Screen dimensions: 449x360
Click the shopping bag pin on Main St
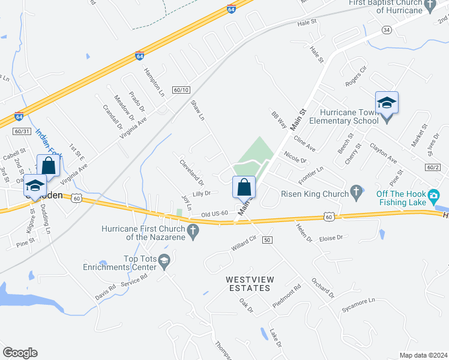pyautogui.click(x=244, y=187)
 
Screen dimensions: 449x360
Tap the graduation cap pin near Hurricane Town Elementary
pyautogui.click(x=387, y=103)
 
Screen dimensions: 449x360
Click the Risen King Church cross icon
pyautogui.click(x=357, y=193)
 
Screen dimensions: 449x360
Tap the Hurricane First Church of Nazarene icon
pyautogui.click(x=193, y=230)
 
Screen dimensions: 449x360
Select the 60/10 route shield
pyautogui.click(x=181, y=90)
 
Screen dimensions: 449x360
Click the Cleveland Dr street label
pyautogui.click(x=192, y=172)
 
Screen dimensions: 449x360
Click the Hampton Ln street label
pyautogui.click(x=154, y=82)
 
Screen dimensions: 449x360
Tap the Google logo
pyautogui.click(x=20, y=353)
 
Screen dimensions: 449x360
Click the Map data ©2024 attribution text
pyautogui.click(x=423, y=355)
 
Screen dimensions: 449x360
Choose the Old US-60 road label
pyautogui.click(x=215, y=214)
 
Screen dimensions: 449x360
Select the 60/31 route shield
pyautogui.click(x=21, y=131)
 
